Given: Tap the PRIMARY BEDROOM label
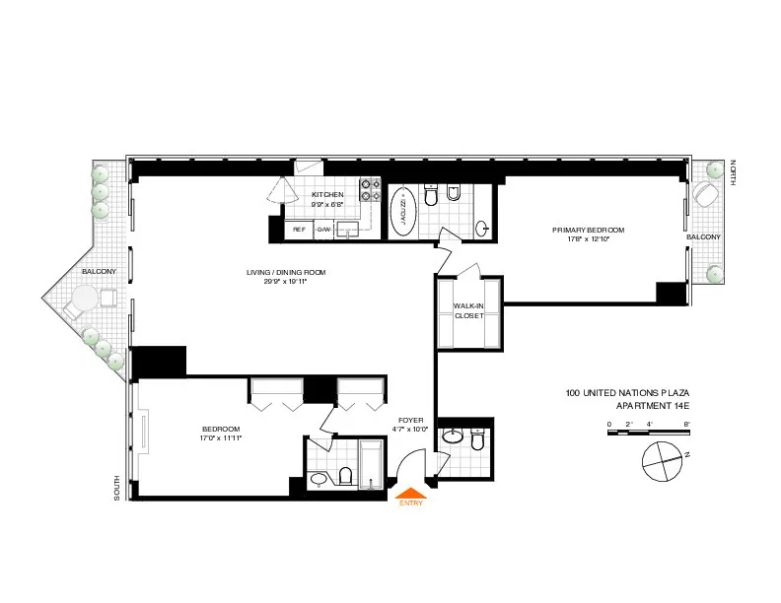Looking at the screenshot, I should (596, 230).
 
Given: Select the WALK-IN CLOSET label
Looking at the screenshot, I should (468, 311).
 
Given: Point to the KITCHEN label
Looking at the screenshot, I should (327, 195).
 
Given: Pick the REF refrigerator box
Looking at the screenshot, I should (298, 229).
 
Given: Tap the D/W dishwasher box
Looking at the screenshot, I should (323, 229).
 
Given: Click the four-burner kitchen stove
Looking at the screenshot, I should (370, 189).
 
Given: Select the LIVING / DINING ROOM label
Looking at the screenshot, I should (286, 272).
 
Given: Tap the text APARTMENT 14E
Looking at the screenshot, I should (652, 406).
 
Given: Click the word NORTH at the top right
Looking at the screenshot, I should (735, 172).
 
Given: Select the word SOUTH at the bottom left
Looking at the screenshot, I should (117, 487).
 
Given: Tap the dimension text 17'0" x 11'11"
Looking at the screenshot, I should (221, 437).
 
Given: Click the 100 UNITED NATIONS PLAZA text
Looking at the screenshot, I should (627, 393).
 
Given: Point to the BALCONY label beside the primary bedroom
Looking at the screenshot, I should (703, 237).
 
